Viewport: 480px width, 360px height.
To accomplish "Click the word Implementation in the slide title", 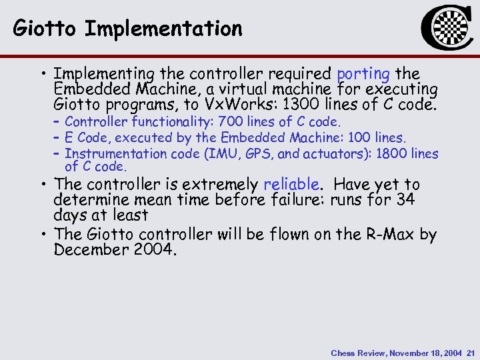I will click(163, 29).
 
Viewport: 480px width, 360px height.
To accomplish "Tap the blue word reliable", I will click(291, 184).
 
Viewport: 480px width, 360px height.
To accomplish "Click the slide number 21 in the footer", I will click(470, 353).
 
